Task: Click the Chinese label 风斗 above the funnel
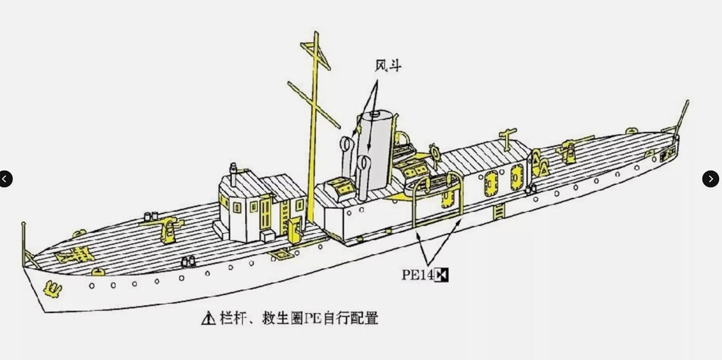point(387,66)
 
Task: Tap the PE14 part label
point(417,275)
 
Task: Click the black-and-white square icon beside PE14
point(441,275)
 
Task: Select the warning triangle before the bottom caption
point(208,318)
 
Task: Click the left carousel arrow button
point(5,179)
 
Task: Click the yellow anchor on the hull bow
point(52,289)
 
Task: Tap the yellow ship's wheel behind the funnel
point(435,152)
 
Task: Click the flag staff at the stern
point(682,116)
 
